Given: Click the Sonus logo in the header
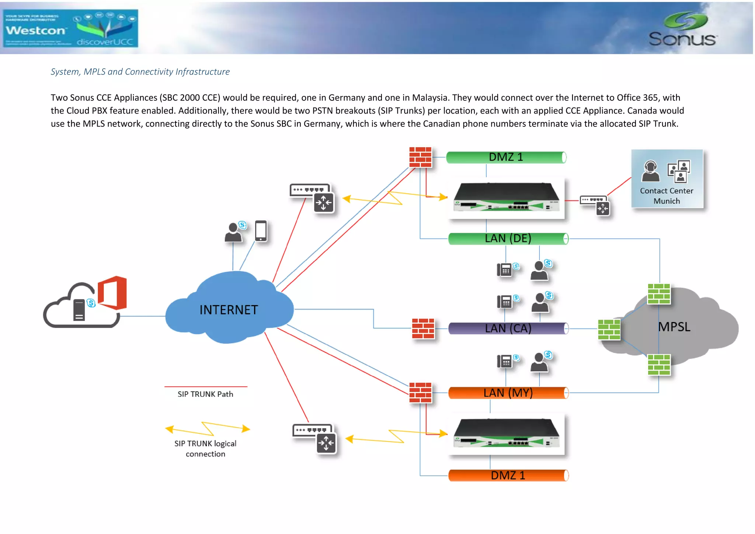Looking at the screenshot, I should pos(683,30).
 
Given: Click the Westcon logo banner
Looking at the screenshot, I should pos(70,28).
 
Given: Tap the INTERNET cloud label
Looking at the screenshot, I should pos(229,310).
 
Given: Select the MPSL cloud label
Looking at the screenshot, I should pos(674,327).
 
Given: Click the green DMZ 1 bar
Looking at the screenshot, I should pos(506,157).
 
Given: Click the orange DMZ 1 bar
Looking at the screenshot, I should pos(508,475).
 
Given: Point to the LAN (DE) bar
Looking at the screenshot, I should pos(508,239).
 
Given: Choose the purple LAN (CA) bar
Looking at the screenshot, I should pos(508,328).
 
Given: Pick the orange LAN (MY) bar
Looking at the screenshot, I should pos(508,393).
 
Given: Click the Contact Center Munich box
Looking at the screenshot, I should pos(667,179).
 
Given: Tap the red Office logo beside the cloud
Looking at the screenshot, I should pos(113,293).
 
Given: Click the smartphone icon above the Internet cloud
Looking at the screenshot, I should pos(261,231).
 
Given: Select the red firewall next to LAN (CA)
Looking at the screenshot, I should pos(423,328).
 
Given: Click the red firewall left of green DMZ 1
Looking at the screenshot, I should pos(420,157).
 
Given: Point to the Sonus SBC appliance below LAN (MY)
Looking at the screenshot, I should pos(507,434).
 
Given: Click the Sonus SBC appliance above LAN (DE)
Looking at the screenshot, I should pos(507,197).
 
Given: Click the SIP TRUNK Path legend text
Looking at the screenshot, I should pos(205,394).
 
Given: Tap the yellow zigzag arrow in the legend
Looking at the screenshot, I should pos(208,429).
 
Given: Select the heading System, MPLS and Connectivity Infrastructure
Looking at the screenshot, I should pos(140,72).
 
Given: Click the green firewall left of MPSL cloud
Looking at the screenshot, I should pos(609,329).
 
